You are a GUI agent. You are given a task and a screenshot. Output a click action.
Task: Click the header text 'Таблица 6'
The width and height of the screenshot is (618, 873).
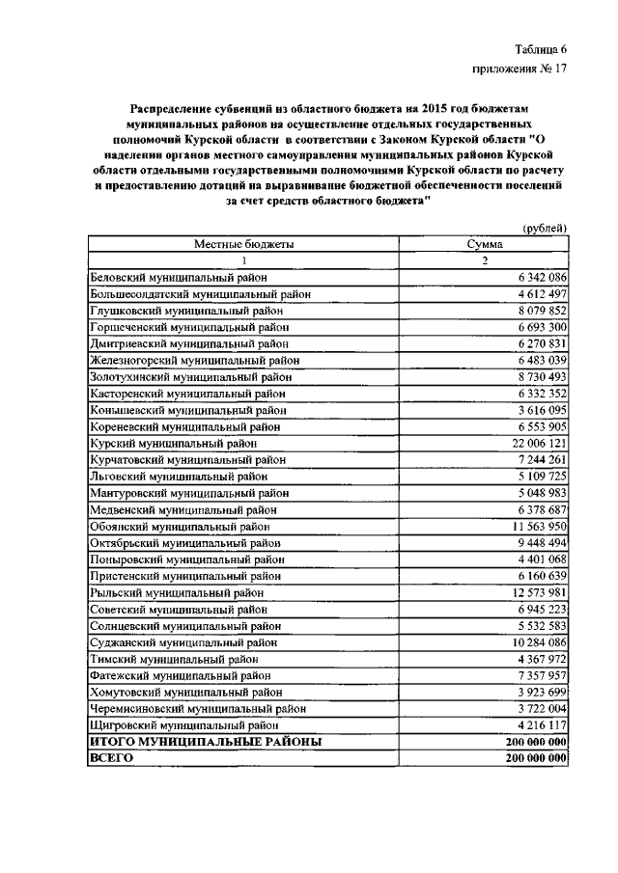coord(540,49)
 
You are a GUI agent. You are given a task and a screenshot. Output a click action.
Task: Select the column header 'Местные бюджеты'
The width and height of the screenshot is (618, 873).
coord(244,245)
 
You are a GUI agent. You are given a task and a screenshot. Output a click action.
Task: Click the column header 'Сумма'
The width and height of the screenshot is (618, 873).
coord(485,245)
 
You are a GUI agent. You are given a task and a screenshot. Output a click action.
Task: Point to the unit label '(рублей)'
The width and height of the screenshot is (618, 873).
coord(544,228)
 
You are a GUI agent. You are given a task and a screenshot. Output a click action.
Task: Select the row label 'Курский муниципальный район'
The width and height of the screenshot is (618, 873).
coord(174,443)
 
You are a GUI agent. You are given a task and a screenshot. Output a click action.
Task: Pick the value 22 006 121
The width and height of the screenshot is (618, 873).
coord(535,443)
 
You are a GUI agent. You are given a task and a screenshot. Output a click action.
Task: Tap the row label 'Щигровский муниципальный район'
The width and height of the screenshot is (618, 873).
coord(184,724)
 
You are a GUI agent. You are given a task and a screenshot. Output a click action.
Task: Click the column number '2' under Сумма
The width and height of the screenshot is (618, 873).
coord(486,261)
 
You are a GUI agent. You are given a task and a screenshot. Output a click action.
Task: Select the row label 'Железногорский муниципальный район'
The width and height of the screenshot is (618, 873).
coord(193,361)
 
